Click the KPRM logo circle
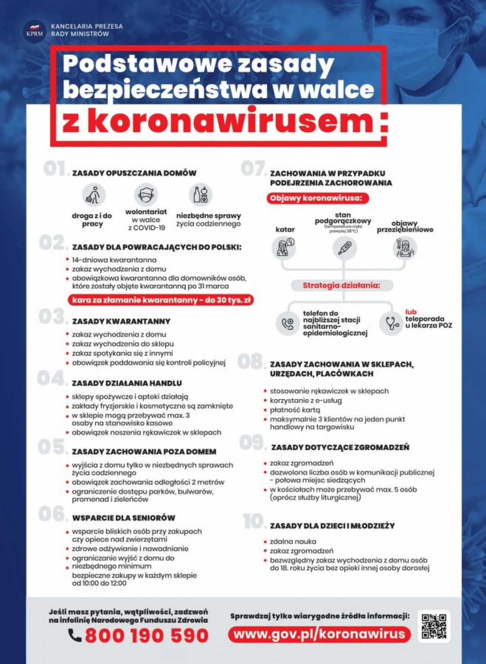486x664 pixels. point(34,31)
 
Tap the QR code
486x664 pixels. point(434,626)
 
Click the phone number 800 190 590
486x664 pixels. point(147,635)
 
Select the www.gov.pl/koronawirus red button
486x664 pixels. point(319,634)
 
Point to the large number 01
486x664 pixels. point(55,169)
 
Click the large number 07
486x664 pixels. point(254,169)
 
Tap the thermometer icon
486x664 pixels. point(344,248)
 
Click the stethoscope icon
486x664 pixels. point(391,323)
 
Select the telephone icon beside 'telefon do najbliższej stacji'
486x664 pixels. point(287,323)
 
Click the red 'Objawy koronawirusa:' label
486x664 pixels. point(318,199)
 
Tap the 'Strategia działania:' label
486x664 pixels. point(342,285)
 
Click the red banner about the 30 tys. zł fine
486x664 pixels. point(161,300)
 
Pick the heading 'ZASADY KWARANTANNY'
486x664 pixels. point(121,322)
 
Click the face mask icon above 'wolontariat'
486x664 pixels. point(146,195)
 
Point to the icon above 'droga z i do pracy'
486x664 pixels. point(93,195)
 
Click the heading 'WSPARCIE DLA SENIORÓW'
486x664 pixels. point(124,518)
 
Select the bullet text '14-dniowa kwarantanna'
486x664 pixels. point(114,260)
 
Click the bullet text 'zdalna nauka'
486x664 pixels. point(293,542)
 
